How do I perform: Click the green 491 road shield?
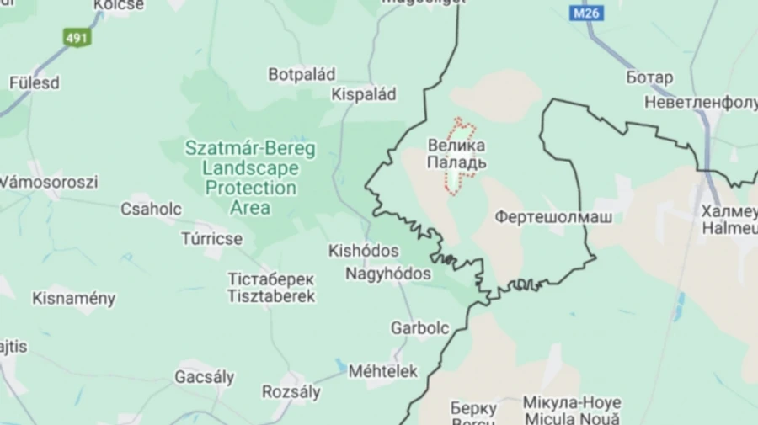tap(77, 37)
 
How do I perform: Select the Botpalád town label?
tap(302, 75)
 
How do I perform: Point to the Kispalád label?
tap(364, 94)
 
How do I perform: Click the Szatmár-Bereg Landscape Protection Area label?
tap(250, 178)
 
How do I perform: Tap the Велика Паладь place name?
tap(456, 152)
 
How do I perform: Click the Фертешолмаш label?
tap(553, 217)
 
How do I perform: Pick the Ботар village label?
tap(649, 77)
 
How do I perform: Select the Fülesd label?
tap(35, 82)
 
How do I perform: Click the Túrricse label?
tap(212, 239)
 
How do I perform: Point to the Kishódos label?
tap(363, 251)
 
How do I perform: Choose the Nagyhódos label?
tap(388, 274)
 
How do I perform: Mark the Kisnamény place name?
tap(74, 298)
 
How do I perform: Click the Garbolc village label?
tap(419, 328)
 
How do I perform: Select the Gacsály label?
tap(205, 377)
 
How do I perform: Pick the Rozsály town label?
tap(291, 391)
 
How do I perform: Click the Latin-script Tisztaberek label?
tap(271, 296)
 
